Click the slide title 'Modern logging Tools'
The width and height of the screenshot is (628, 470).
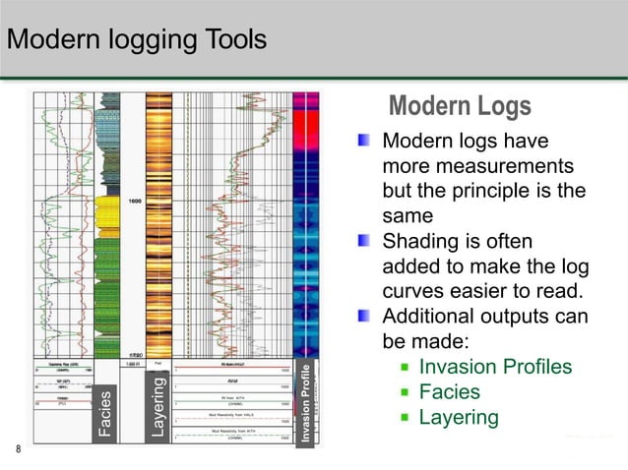coord(137,40)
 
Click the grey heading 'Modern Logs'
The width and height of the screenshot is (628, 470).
coord(460,106)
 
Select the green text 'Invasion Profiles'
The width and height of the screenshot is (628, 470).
coord(495,367)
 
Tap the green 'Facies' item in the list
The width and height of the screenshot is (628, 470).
coord(450,392)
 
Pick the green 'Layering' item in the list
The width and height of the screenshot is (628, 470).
coord(459,418)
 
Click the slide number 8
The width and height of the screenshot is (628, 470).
coord(17,450)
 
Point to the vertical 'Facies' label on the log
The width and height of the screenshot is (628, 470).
coord(106,414)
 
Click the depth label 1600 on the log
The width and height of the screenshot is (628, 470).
coord(133,202)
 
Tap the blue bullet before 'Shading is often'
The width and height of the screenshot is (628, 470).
coord(365,241)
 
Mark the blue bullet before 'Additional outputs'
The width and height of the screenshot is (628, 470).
coord(365,317)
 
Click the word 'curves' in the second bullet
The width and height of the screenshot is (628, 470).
coord(410,292)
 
